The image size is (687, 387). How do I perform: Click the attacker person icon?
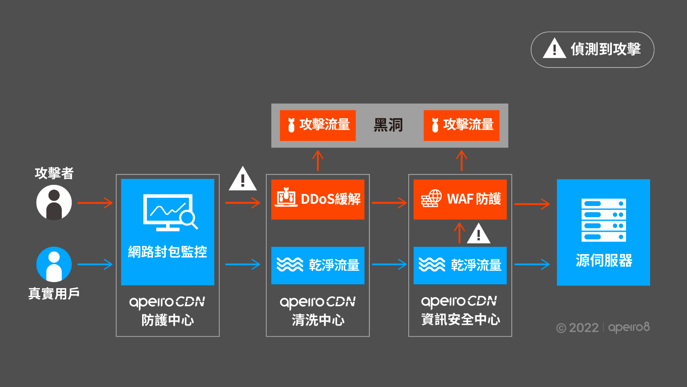coord(54,203)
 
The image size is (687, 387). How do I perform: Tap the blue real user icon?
coord(54,264)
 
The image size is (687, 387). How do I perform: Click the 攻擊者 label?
coord(54,173)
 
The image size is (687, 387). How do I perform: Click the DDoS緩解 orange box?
coord(318,200)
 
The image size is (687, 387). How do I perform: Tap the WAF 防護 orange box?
coord(460,200)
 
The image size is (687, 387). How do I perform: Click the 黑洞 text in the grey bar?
coord(388,126)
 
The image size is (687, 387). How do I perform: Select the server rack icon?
coord(603,220)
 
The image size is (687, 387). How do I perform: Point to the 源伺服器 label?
coord(603,261)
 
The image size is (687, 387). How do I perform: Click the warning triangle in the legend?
coord(554,49)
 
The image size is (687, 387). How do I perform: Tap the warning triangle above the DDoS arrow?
coord(243,179)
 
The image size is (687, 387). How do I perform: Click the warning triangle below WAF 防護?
coord(478,234)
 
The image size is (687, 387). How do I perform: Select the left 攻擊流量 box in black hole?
coord(318,126)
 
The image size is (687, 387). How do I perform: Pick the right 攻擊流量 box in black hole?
coord(461,126)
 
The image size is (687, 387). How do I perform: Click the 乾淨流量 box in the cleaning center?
coord(318,265)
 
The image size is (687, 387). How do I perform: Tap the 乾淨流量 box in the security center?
coord(460,265)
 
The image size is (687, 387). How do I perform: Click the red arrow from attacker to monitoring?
coord(95,203)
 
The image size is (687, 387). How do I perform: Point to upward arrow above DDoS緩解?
coord(318,160)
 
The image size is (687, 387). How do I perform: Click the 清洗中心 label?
coord(318,320)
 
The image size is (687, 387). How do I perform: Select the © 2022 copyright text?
coord(578,328)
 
